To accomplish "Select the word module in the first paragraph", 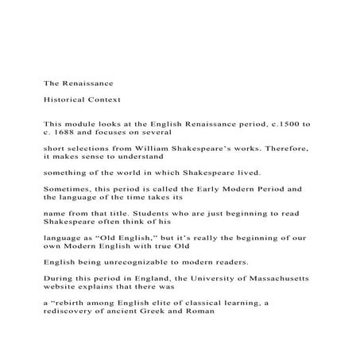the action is [82, 125].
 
